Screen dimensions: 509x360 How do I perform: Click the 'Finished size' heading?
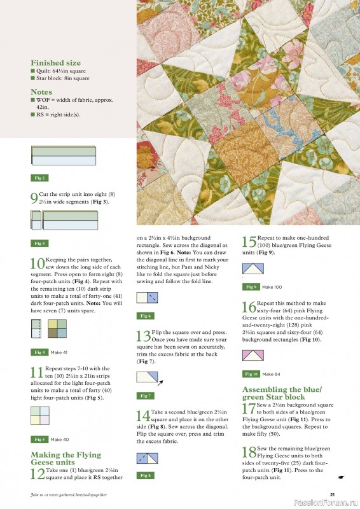56,63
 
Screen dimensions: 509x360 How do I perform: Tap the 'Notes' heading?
41,92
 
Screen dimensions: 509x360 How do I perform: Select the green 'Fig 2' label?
39,178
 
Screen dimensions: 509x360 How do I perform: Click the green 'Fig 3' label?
39,243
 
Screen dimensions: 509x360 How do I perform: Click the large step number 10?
36,263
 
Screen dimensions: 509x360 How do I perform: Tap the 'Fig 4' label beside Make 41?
39,352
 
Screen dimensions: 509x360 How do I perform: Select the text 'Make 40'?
60,439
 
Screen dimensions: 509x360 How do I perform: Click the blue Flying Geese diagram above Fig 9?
253,269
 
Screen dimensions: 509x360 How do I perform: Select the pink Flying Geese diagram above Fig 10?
253,355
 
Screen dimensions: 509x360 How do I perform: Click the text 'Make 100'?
272,287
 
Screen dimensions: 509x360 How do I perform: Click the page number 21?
332,494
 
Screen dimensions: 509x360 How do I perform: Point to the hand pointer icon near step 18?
342,477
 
